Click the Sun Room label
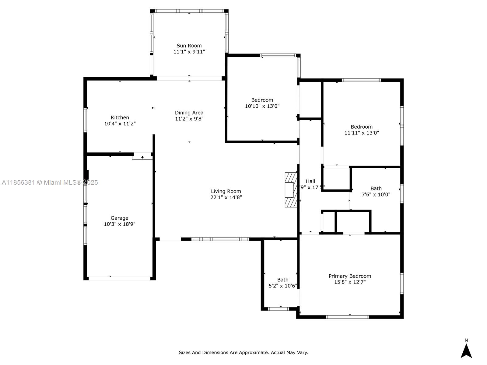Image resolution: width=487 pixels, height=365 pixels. pos(189,46)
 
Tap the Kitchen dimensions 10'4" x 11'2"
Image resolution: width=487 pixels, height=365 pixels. pos(120,124)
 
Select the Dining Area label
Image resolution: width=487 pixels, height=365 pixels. pos(189,113)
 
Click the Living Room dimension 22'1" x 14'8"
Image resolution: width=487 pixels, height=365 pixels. pos(226,197)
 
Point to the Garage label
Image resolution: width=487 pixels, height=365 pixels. pos(119,218)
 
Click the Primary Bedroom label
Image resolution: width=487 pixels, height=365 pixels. pos(350,276)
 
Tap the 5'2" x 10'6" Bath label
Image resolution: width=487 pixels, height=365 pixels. pos(283,280)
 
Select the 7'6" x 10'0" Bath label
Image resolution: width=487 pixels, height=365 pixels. pos(376,189)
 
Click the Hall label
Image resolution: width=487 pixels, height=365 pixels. pos(310,181)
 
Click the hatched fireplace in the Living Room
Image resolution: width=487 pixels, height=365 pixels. pos(291,190)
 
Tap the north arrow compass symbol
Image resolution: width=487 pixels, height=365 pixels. pos(466,350)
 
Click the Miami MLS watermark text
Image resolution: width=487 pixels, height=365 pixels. pos(50,182)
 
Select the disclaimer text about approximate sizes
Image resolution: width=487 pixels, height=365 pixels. pos(243,353)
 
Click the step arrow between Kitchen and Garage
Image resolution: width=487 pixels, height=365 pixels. pos(142,157)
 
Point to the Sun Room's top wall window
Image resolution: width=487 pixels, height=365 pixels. pos(189,11)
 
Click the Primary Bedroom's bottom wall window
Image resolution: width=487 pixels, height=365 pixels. pos(347,317)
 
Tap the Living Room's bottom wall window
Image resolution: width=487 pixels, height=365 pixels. pos(220,239)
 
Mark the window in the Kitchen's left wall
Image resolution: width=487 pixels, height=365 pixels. pos(85,120)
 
